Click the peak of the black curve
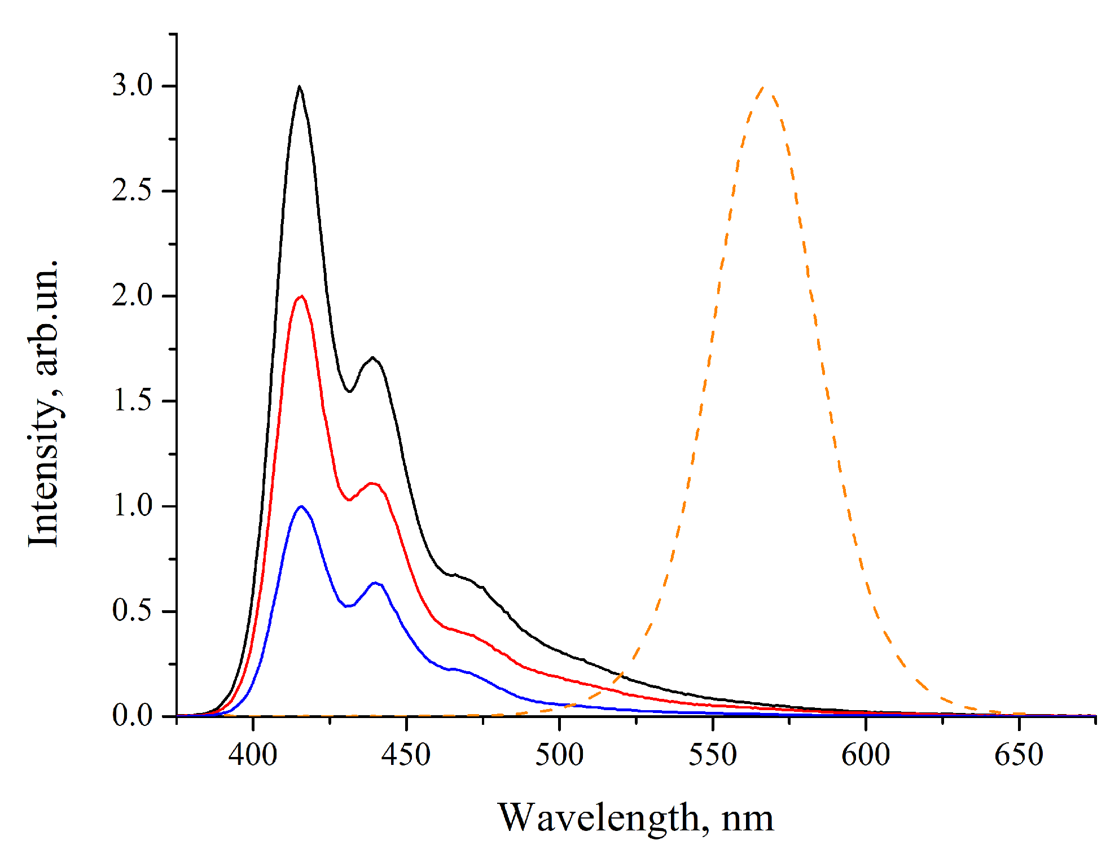coord(299,86)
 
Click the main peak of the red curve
coord(302,296)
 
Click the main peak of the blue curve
coord(301,506)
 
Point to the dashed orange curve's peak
coord(763,87)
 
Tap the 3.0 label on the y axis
coord(132,86)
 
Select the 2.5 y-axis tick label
coord(132,191)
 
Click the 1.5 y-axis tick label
coord(132,401)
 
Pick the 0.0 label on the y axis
coord(132,716)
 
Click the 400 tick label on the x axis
coord(253,755)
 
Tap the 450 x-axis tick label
coord(406,755)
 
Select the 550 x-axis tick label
coord(712,755)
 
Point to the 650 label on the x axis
coord(1019,755)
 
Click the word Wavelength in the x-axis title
coord(599,819)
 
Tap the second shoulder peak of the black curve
coord(372,357)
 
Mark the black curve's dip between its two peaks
coord(349,391)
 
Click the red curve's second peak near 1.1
coord(372,483)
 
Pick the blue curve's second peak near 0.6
coord(375,583)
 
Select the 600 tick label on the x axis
coord(866,755)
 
